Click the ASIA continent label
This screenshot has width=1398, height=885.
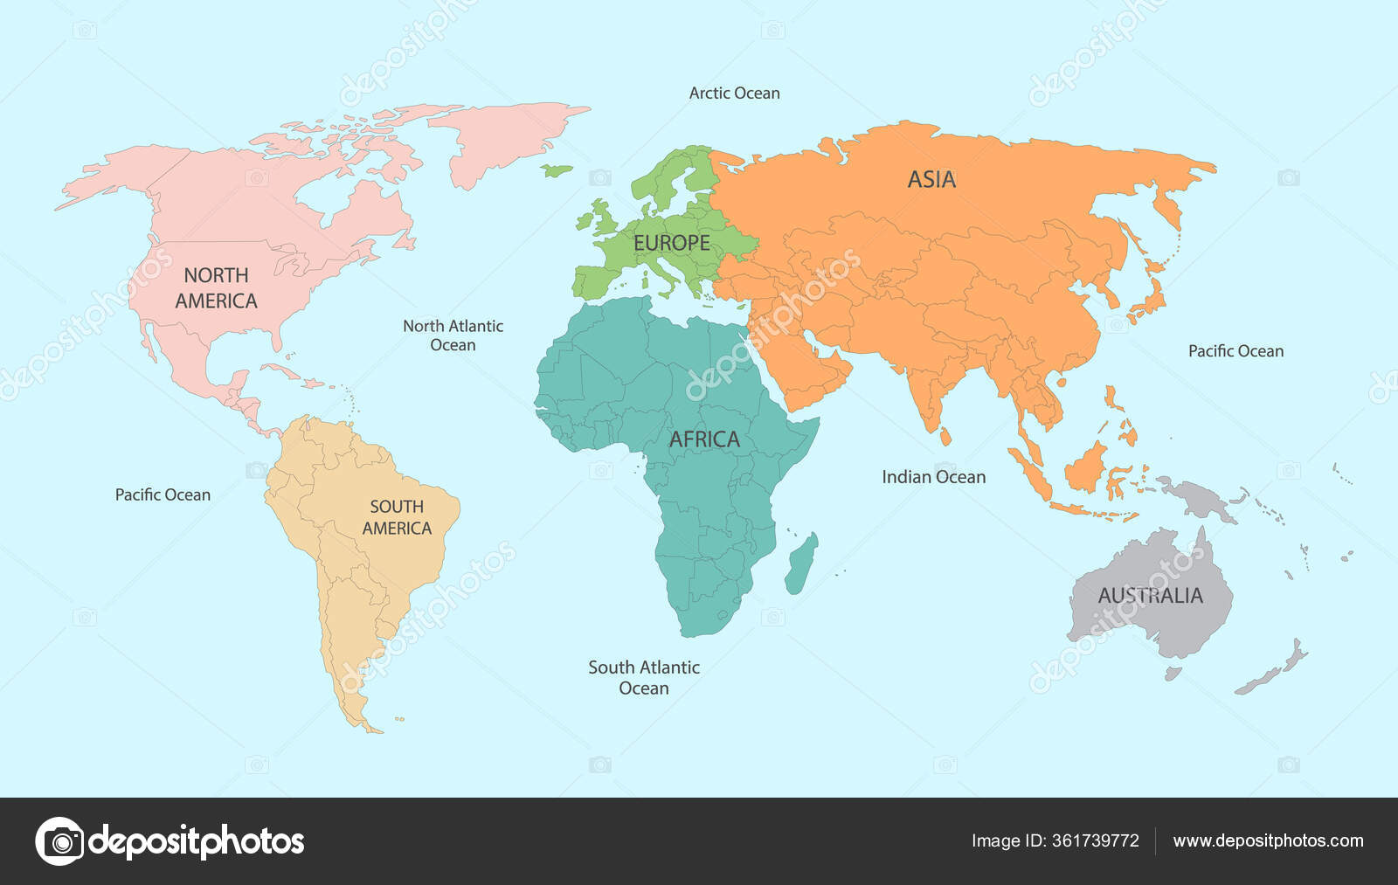931,179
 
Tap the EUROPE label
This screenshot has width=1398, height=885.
671,243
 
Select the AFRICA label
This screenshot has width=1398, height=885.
704,439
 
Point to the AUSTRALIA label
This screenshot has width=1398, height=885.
1150,595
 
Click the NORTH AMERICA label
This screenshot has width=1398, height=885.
216,288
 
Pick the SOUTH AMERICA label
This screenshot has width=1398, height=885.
397,517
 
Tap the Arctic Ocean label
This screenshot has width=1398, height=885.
734,93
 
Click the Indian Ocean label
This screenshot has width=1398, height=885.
933,477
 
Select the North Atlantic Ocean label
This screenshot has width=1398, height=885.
453,335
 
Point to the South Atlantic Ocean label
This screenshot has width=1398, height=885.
644,677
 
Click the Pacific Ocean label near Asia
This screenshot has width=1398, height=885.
1235,351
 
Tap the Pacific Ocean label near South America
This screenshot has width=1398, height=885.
163,494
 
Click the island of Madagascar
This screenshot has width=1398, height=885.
801,563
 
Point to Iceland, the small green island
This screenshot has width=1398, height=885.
556,169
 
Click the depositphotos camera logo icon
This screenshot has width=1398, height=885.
59,841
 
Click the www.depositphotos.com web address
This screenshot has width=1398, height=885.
1268,840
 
